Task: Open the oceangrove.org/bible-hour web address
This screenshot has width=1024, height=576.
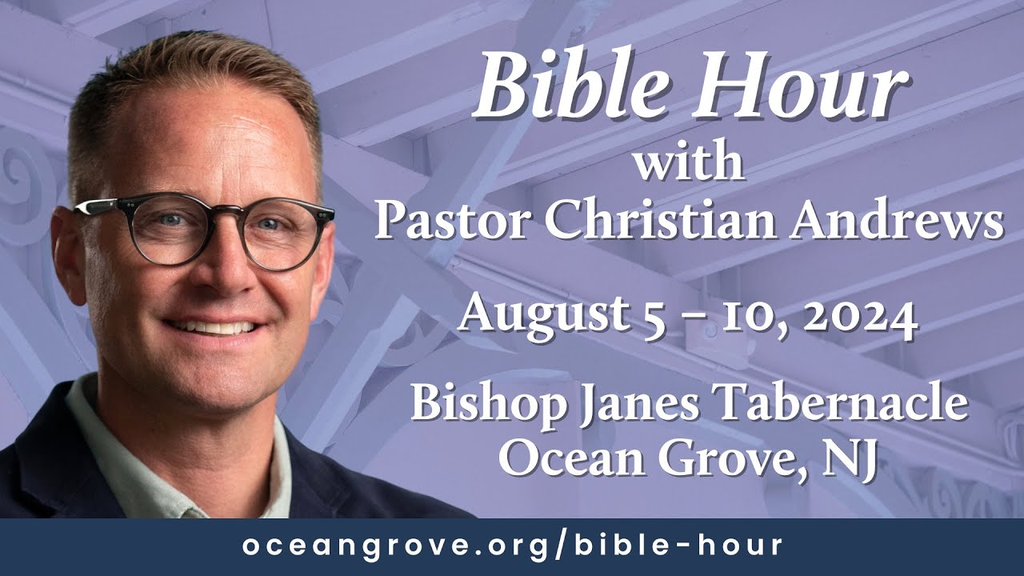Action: click(x=512, y=546)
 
